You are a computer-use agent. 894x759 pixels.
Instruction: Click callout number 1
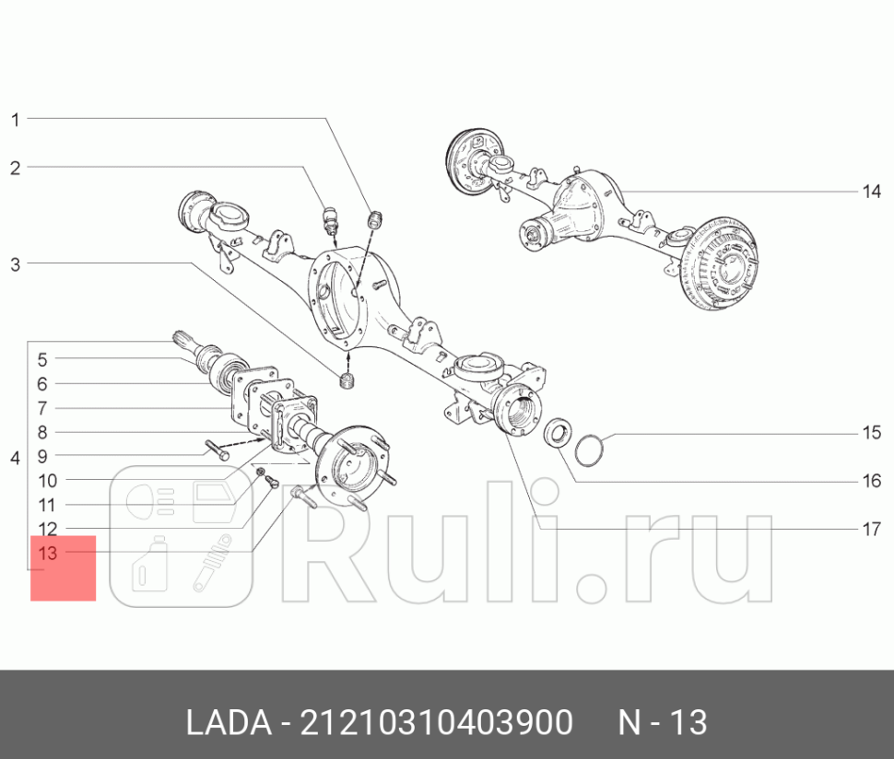click(x=15, y=119)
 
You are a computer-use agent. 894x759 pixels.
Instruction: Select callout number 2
click(x=15, y=168)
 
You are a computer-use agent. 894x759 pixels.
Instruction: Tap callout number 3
click(x=15, y=265)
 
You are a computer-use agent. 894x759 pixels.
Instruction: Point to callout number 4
click(x=15, y=458)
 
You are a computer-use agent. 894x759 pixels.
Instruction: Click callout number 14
click(x=872, y=192)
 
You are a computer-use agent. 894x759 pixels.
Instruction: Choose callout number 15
click(x=872, y=433)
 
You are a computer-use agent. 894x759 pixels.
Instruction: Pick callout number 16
click(x=872, y=481)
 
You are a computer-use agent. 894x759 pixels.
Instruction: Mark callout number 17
click(x=872, y=530)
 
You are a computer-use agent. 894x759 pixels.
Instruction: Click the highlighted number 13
click(x=48, y=554)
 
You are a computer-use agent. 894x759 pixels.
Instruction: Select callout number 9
click(x=42, y=456)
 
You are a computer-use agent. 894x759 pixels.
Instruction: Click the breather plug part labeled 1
click(x=375, y=220)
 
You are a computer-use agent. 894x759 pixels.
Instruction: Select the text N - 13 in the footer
click(x=662, y=722)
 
